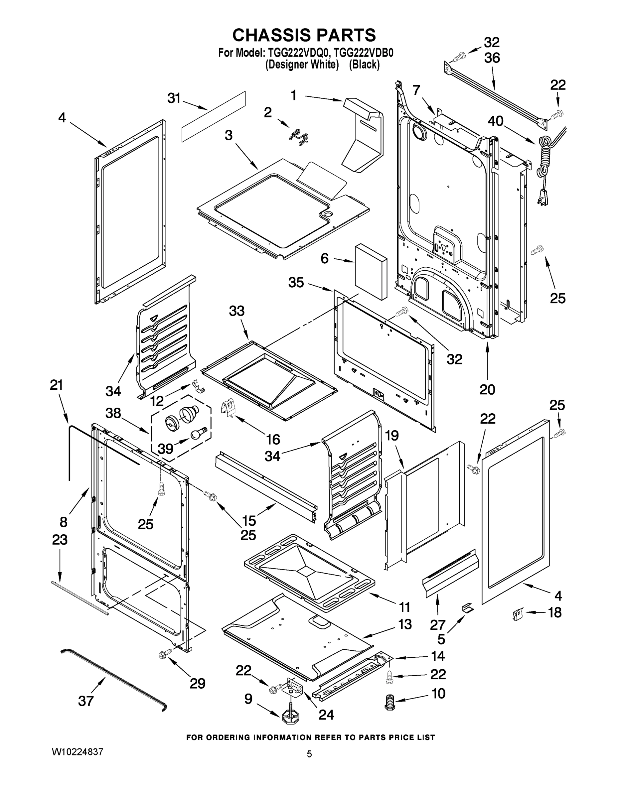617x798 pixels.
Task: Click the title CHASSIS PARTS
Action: click(304, 35)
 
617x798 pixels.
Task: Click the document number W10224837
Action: click(77, 751)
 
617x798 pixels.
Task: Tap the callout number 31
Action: click(174, 98)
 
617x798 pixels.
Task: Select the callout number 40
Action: click(496, 121)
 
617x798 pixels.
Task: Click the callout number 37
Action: click(86, 701)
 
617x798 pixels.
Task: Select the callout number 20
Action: click(487, 389)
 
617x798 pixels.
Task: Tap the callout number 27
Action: click(437, 625)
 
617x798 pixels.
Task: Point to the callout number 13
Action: click(405, 624)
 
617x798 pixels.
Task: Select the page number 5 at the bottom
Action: click(309, 754)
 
